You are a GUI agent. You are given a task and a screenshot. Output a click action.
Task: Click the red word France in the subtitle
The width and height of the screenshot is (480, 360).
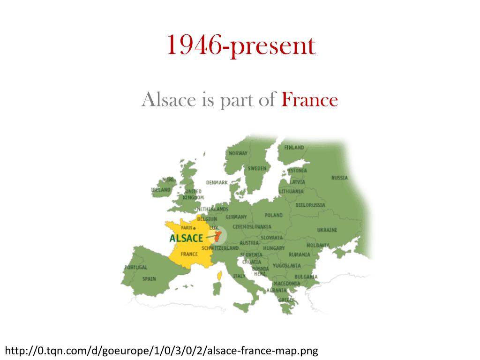point(310,100)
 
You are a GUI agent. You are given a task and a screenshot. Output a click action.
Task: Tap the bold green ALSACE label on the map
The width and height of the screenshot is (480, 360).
point(186,238)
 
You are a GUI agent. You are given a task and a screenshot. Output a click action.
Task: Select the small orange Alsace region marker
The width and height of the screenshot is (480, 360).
point(217,235)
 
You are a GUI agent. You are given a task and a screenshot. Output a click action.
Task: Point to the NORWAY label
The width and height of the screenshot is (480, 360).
point(238,153)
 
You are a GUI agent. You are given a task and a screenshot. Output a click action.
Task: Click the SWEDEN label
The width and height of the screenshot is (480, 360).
point(257,168)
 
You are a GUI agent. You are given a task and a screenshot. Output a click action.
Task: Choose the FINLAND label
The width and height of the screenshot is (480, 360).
point(294,147)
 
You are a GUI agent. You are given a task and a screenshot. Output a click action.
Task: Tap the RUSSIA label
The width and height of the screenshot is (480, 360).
point(339,178)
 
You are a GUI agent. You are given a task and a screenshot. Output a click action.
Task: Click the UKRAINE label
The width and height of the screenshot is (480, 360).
point(327,230)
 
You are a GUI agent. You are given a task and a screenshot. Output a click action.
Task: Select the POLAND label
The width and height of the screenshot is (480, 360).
point(274,215)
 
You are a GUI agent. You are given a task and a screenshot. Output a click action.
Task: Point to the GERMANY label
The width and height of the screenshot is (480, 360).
point(236,217)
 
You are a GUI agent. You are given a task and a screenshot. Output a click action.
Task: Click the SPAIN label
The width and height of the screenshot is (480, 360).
point(149,278)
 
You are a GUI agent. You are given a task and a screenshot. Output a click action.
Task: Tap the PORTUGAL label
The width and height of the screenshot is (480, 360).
point(136,268)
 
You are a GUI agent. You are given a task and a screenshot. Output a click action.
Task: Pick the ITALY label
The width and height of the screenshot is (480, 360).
point(239,276)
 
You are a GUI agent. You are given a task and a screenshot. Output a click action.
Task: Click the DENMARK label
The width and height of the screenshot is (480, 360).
point(217,182)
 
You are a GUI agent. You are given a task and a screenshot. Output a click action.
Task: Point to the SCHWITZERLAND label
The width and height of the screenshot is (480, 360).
point(220,247)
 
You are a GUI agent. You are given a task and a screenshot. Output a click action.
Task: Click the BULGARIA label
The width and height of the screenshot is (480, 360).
point(306,277)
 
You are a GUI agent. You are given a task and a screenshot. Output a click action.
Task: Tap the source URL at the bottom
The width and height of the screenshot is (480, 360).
point(161,351)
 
